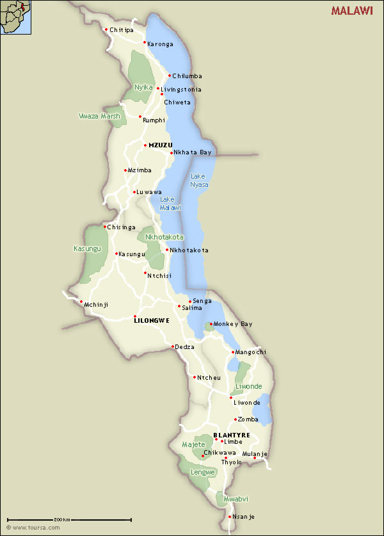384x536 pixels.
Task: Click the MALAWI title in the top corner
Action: pyautogui.click(x=352, y=11)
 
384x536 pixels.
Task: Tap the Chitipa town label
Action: pyautogui.click(x=122, y=30)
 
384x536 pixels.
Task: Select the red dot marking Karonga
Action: pyautogui.click(x=145, y=42)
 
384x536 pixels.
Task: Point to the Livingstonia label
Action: pyautogui.click(x=181, y=90)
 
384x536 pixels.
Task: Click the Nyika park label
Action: pyautogui.click(x=143, y=87)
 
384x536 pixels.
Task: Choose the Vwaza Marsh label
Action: pyautogui.click(x=99, y=116)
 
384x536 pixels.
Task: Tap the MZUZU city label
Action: pyautogui.click(x=160, y=145)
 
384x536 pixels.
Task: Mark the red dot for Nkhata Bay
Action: pyautogui.click(x=171, y=152)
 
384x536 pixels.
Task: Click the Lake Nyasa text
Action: pyautogui.click(x=199, y=180)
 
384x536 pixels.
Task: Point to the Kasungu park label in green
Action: pyautogui.click(x=88, y=248)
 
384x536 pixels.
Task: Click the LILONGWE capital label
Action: pyautogui.click(x=152, y=321)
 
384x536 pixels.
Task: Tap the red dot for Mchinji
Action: pyautogui.click(x=81, y=302)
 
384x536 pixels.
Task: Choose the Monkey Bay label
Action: pyautogui.click(x=233, y=324)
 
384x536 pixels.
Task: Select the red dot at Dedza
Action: pyautogui.click(x=173, y=346)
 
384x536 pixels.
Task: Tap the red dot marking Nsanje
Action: pyautogui.click(x=230, y=516)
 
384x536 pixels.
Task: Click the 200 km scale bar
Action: pyautogui.click(x=69, y=520)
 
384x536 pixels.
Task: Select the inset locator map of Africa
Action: pyautogui.click(x=16, y=17)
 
